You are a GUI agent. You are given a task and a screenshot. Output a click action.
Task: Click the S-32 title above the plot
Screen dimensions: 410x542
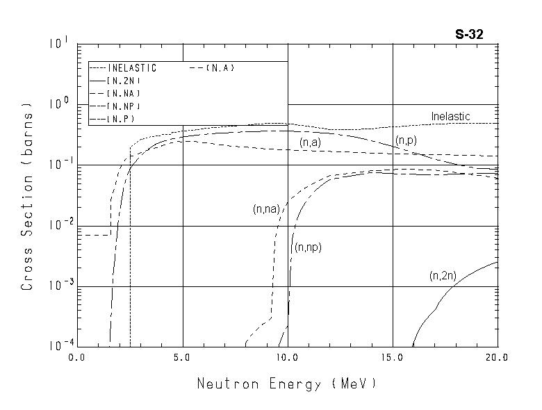pyautogui.click(x=480, y=33)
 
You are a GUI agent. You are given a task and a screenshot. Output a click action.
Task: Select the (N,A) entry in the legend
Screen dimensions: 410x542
pyautogui.click(x=222, y=68)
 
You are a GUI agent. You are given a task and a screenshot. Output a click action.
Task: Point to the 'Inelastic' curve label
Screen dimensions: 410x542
pyautogui.click(x=450, y=116)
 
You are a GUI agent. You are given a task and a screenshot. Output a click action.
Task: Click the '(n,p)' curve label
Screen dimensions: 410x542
pyautogui.click(x=406, y=141)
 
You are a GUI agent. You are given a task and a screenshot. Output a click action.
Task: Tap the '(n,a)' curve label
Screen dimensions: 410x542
pyautogui.click(x=310, y=142)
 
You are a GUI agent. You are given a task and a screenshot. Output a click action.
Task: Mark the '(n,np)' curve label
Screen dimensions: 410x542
pyautogui.click(x=308, y=247)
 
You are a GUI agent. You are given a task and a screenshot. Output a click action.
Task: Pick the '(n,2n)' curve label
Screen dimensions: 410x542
pyautogui.click(x=443, y=276)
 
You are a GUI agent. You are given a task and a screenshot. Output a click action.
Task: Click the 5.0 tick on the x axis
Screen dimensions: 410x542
pyautogui.click(x=182, y=357)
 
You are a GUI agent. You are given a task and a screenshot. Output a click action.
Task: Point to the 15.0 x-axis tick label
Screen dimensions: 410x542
pyautogui.click(x=393, y=357)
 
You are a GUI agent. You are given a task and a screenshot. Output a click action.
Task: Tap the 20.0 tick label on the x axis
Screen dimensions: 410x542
pyautogui.click(x=498, y=357)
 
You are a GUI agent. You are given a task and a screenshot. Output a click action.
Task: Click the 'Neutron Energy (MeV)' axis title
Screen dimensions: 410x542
pyautogui.click(x=286, y=384)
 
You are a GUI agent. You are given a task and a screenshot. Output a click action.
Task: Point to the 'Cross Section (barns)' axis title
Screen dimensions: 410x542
pyautogui.click(x=28, y=198)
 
